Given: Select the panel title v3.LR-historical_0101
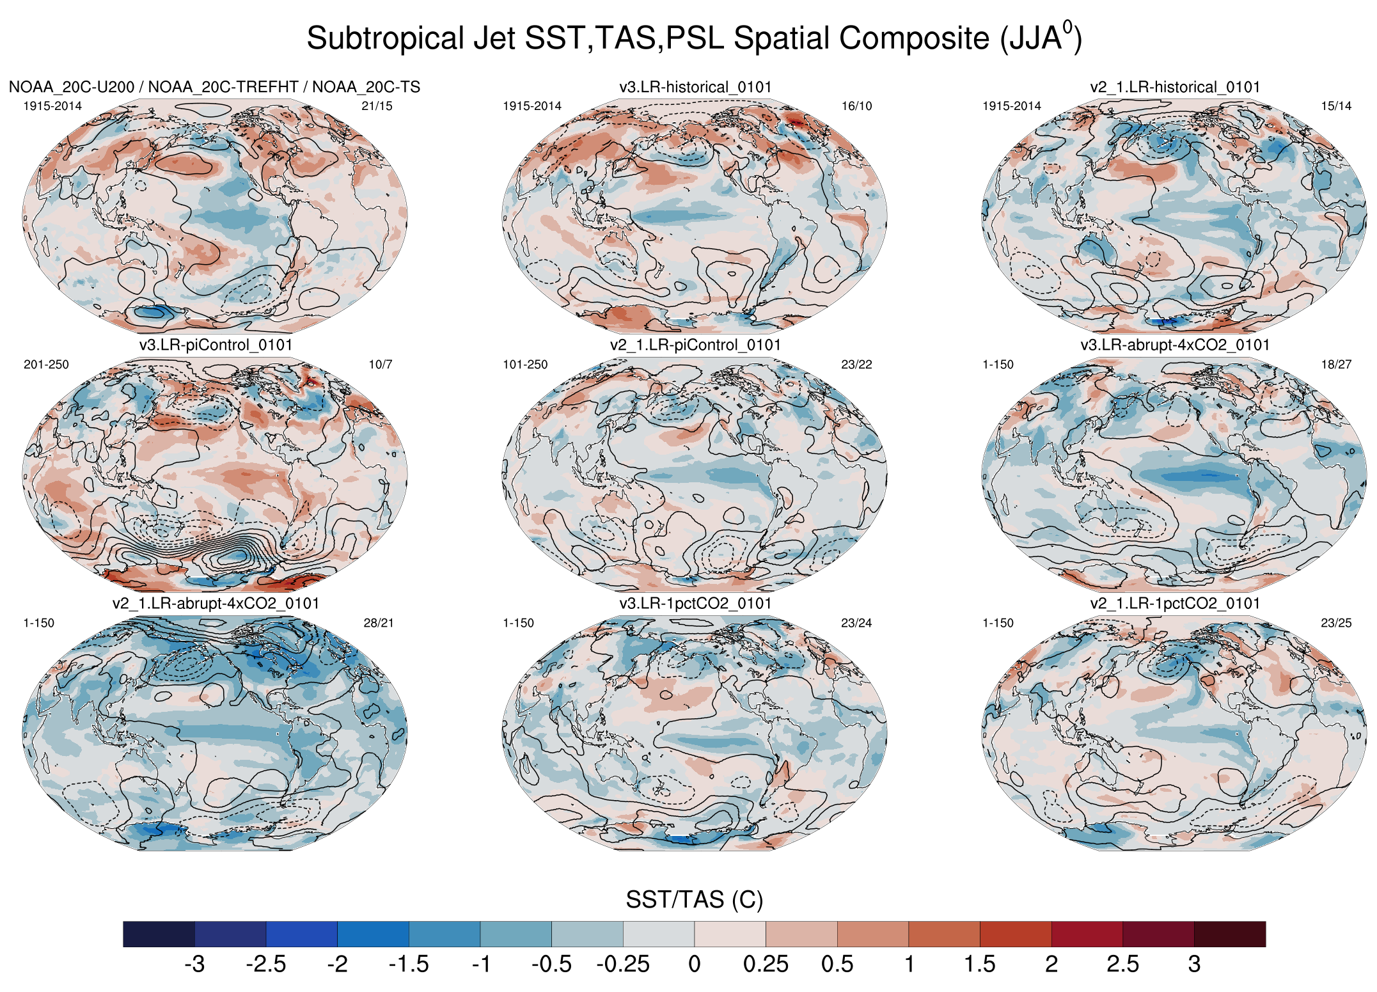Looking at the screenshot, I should pyautogui.click(x=695, y=87).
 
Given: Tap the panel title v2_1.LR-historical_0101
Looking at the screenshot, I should pyautogui.click(x=1175, y=87).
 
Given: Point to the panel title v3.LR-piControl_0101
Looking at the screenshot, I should pyautogui.click(x=216, y=345).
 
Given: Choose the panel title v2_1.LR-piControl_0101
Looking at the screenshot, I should pyautogui.click(x=695, y=345).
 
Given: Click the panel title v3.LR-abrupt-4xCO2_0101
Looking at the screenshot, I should pyautogui.click(x=1175, y=345).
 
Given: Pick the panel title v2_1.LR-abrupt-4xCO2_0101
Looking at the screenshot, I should pyautogui.click(x=216, y=604).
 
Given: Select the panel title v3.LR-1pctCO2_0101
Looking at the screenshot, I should pyautogui.click(x=695, y=604).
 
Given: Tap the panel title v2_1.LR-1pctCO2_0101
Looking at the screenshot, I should pyautogui.click(x=1175, y=604).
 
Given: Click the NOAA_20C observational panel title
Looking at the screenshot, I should pyautogui.click(x=214, y=87).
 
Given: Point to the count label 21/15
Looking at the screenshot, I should pyautogui.click(x=377, y=106).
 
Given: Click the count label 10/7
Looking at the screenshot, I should pyautogui.click(x=381, y=365).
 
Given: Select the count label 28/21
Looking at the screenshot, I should pyautogui.click(x=379, y=623).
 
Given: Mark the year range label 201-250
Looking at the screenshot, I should pyautogui.click(x=46, y=365).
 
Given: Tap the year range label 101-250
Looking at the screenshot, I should pyautogui.click(x=525, y=365).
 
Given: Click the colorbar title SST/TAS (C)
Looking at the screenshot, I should pyautogui.click(x=694, y=899).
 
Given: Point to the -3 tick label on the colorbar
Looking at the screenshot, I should pyautogui.click(x=194, y=964).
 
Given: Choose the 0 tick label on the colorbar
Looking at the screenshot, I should pyautogui.click(x=695, y=964).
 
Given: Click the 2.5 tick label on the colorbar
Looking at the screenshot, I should pyautogui.click(x=1122, y=964).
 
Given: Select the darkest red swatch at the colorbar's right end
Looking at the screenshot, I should pyautogui.click(x=1229, y=934).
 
